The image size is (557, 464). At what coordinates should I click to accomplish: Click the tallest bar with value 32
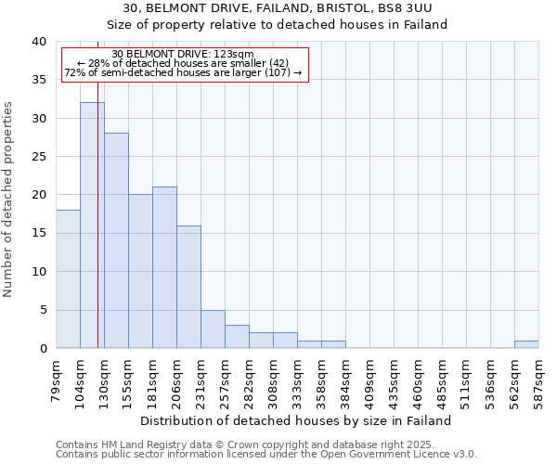click(92, 226)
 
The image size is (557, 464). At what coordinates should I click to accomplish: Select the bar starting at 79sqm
click(68, 278)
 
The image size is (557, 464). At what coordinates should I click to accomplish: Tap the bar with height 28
click(116, 240)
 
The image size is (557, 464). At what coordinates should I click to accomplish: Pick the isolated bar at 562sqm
click(526, 344)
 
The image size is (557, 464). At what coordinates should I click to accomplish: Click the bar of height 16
click(188, 287)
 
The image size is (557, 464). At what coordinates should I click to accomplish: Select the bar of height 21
click(164, 267)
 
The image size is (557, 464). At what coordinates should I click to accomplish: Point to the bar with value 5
click(213, 329)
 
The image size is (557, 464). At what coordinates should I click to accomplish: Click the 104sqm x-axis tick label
click(81, 380)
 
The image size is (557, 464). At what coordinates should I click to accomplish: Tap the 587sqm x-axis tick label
click(539, 380)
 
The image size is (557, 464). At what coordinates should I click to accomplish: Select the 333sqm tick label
click(298, 380)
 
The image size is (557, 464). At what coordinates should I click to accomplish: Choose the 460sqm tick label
click(419, 380)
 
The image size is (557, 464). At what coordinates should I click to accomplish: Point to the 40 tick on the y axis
click(38, 42)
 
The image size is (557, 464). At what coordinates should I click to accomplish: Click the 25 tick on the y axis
click(38, 157)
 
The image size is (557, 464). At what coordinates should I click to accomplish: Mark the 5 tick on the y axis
click(43, 310)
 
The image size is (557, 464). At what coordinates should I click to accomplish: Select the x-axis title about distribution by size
click(297, 420)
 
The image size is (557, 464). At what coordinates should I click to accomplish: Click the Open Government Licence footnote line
click(266, 455)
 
